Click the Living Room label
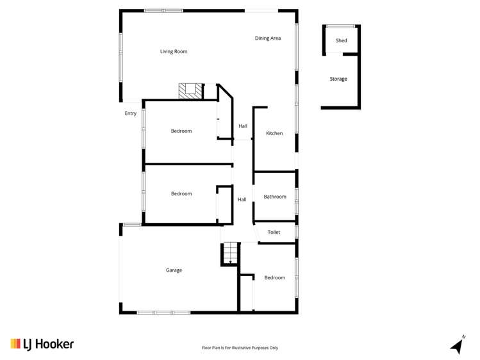(174, 51)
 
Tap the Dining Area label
(268, 38)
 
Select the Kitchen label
(274, 133)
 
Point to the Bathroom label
(275, 197)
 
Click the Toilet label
(274, 232)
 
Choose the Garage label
(174, 270)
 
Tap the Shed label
(342, 40)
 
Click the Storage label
(338, 79)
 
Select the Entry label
(130, 113)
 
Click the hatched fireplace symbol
(190, 91)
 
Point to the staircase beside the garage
(230, 253)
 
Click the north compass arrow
(458, 345)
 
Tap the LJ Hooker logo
(42, 344)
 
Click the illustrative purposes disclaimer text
(240, 348)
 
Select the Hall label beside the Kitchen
(243, 126)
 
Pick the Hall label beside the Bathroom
(242, 199)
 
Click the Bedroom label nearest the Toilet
(274, 277)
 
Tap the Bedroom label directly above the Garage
(181, 193)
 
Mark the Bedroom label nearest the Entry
(181, 131)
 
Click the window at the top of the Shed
(341, 26)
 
